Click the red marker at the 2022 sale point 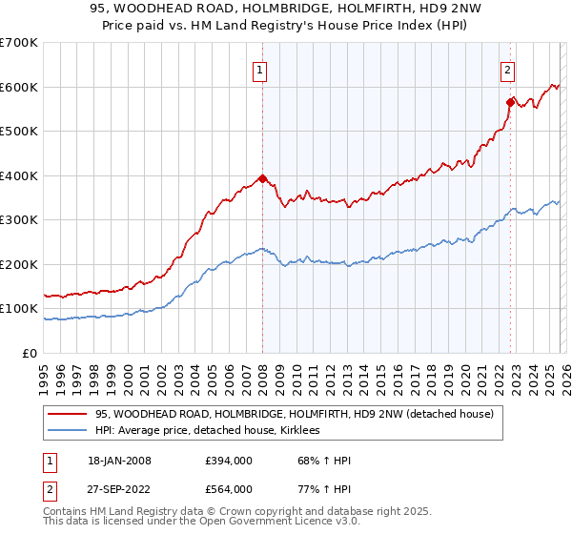(511, 101)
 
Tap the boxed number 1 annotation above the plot (259, 69)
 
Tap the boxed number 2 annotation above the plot (508, 69)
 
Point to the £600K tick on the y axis (19, 87)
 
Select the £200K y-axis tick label (19, 264)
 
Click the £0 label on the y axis (30, 353)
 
